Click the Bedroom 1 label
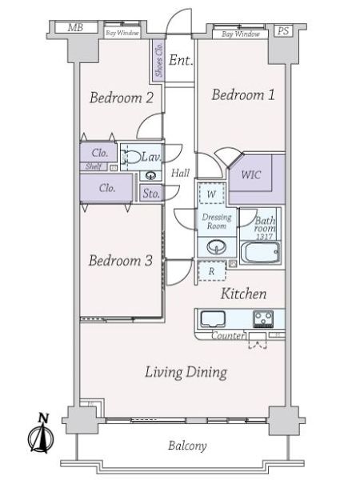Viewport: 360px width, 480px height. point(243,94)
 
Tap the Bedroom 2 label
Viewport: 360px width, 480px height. point(122,98)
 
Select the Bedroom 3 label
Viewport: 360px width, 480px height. point(121,261)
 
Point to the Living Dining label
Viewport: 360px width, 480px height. point(186,372)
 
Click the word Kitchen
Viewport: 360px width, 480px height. point(243,294)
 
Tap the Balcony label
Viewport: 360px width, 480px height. point(187,446)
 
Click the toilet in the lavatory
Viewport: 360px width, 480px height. point(130,158)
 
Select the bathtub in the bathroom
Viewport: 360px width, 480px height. point(261,253)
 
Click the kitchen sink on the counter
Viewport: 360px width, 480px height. point(213,319)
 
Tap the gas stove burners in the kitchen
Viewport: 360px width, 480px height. point(263,318)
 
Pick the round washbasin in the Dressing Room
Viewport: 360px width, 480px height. point(217,246)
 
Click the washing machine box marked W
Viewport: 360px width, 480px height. point(211,194)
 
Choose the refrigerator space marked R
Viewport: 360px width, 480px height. point(212,271)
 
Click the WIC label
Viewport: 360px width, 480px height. point(251,174)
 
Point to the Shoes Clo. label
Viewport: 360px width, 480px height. point(159,60)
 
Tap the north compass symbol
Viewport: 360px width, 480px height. point(41,434)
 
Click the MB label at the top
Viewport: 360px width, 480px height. point(75,28)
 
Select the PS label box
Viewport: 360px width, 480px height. point(283,31)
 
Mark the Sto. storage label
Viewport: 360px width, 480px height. point(151,194)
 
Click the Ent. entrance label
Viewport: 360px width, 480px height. point(181,60)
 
